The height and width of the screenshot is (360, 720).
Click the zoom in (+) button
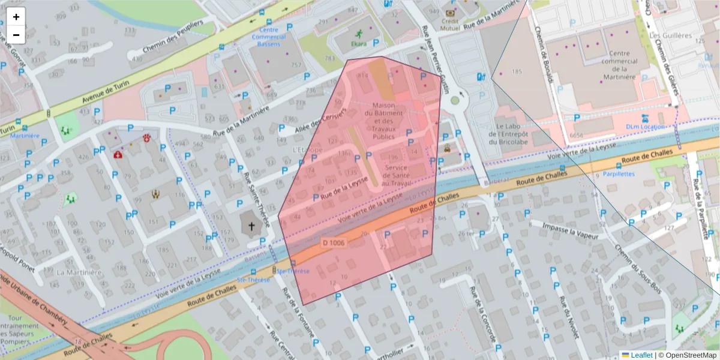tap(16, 17)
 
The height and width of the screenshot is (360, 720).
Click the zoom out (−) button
tap(16, 35)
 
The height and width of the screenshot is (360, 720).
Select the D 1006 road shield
tap(333, 242)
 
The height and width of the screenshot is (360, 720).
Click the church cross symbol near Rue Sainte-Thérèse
tap(251, 227)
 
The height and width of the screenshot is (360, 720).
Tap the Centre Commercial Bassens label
tap(268, 37)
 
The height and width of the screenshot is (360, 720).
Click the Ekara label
tap(359, 44)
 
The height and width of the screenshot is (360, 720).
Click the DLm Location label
tap(645, 127)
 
